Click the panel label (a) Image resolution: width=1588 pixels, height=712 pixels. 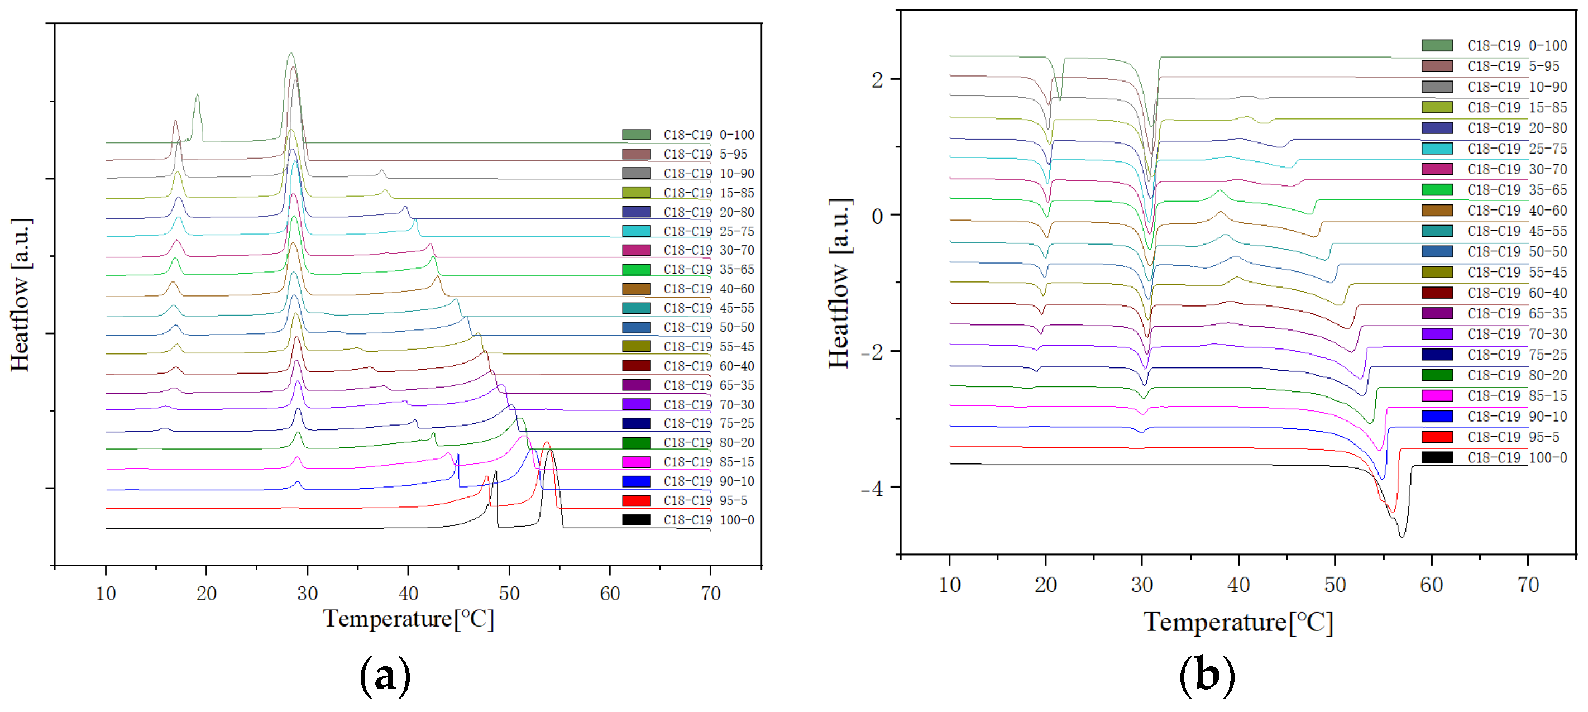pos(385,676)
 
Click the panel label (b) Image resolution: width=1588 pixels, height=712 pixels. pos(1207,676)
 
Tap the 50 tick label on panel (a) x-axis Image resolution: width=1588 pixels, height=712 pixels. pos(509,594)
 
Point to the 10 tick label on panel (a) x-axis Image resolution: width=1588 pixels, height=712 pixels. pos(106,594)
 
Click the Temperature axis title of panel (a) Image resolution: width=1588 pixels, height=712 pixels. pos(409,619)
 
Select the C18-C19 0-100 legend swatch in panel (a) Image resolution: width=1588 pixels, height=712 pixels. pos(636,135)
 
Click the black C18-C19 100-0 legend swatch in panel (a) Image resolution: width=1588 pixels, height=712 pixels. pos(636,520)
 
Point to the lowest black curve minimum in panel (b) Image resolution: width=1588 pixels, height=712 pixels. pos(1402,537)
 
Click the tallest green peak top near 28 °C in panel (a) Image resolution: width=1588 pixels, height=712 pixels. pos(291,54)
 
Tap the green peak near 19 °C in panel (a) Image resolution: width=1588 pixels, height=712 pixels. pos(197,95)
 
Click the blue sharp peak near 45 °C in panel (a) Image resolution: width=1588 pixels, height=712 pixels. pos(457,455)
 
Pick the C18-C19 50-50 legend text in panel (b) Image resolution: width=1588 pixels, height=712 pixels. pos(1517,251)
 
